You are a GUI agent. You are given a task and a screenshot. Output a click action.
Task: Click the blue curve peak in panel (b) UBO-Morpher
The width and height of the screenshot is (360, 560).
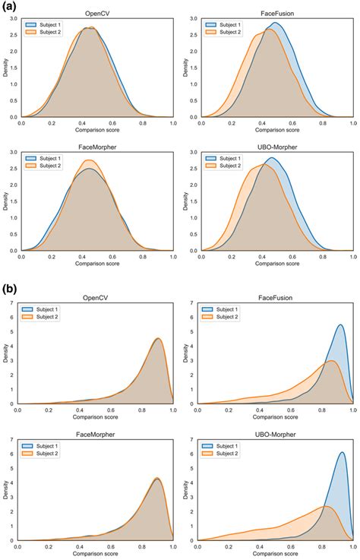click(x=342, y=453)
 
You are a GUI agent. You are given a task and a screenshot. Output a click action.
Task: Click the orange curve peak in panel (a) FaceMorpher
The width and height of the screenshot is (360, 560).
click(x=89, y=160)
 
